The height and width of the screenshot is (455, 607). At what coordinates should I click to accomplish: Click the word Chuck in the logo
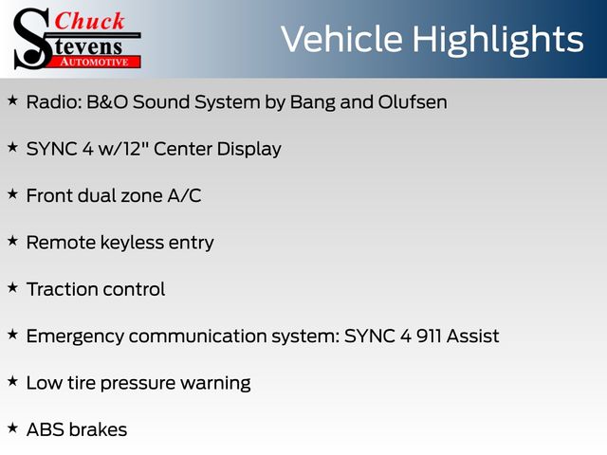click(90, 21)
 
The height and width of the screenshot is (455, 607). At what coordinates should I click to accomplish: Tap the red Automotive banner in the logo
click(95, 63)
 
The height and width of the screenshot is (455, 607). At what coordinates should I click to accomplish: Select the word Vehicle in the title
click(341, 39)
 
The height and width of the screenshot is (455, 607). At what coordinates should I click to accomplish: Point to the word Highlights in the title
click(497, 41)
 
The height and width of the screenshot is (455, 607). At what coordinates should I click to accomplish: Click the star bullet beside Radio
click(12, 100)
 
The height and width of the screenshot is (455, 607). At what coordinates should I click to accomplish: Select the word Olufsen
click(413, 102)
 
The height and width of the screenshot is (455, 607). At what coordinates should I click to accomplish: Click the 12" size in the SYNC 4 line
click(136, 148)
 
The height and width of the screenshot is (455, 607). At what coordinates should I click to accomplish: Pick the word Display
click(248, 150)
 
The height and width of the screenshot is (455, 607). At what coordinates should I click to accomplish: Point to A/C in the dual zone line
click(184, 195)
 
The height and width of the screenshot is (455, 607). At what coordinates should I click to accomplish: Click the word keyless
click(132, 243)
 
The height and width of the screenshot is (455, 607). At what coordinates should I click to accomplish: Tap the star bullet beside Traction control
click(12, 288)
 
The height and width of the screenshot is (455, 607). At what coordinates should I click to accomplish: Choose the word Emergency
click(75, 337)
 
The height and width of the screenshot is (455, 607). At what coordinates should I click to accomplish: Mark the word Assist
click(472, 336)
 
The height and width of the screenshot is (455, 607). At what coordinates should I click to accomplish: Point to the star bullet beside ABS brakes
click(12, 428)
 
